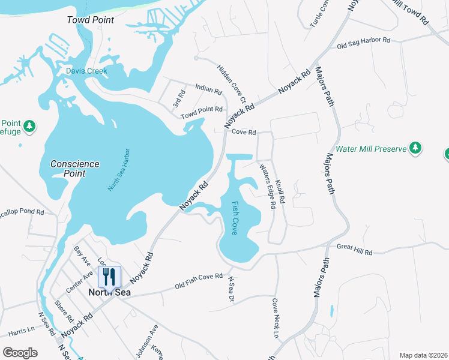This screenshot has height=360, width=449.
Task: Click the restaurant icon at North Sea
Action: pyautogui.click(x=109, y=277)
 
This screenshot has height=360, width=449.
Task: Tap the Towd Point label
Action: pyautogui.click(x=90, y=20)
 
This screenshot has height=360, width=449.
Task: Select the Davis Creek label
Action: pyautogui.click(x=86, y=71)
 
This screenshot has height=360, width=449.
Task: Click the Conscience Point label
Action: pyautogui.click(x=75, y=169)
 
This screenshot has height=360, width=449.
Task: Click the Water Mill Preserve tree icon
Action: pyautogui.click(x=415, y=148)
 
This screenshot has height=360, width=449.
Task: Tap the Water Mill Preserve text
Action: pyautogui.click(x=371, y=149)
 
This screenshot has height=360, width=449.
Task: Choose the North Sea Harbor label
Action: pyautogui.click(x=119, y=170)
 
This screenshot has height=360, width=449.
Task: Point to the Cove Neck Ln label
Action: pyautogui.click(x=276, y=318)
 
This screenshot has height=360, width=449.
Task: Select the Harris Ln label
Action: pyautogui.click(x=22, y=331)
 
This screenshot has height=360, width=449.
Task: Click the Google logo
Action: pyautogui.click(x=20, y=353)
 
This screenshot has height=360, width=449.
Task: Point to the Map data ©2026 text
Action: pyautogui.click(x=423, y=355)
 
